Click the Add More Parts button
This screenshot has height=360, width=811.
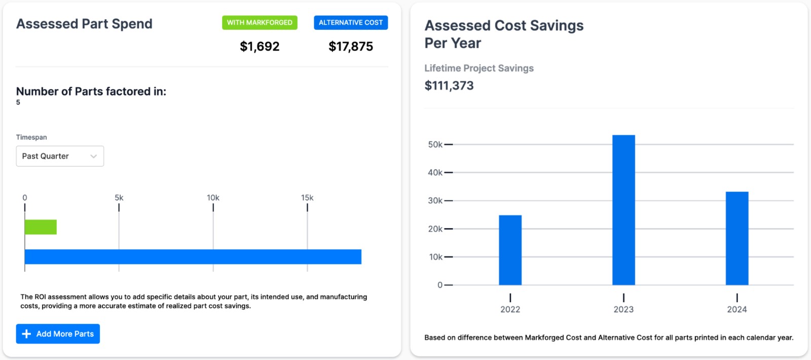pyautogui.click(x=58, y=334)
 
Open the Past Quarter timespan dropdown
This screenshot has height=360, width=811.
pyautogui.click(x=60, y=156)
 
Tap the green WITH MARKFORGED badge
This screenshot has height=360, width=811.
pyautogui.click(x=260, y=22)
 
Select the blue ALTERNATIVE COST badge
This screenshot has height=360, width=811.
pyautogui.click(x=351, y=22)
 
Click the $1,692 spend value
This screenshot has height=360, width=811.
pyautogui.click(x=260, y=47)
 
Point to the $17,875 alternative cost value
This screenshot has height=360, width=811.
pyautogui.click(x=351, y=47)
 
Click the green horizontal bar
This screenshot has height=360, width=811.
pyautogui.click(x=41, y=227)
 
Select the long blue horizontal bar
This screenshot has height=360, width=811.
pyautogui.click(x=193, y=257)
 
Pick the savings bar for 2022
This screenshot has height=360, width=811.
pyautogui.click(x=510, y=250)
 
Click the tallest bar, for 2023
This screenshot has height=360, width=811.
pyautogui.click(x=623, y=210)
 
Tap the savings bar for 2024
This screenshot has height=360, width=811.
pyautogui.click(x=737, y=238)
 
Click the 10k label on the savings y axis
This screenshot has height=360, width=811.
pyautogui.click(x=436, y=257)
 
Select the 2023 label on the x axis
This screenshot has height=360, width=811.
pyautogui.click(x=623, y=309)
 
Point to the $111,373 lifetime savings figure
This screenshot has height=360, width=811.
pyautogui.click(x=449, y=86)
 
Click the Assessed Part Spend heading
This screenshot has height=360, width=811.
pyautogui.click(x=84, y=24)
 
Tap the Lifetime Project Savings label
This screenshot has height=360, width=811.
pyautogui.click(x=479, y=68)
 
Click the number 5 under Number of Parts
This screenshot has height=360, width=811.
pyautogui.click(x=18, y=102)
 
